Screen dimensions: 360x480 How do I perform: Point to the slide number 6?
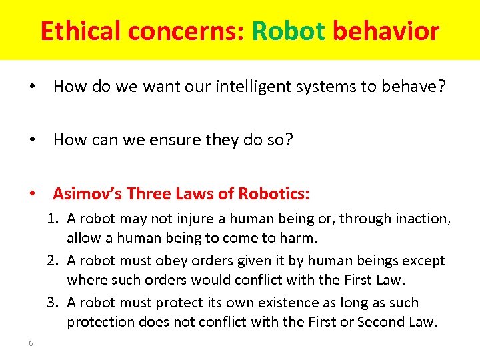pos(31,343)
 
